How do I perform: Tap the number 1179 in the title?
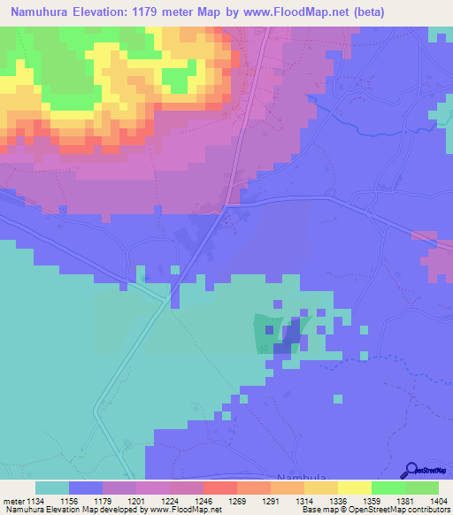[x=166, y=12]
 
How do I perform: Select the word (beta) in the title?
[x=426, y=12]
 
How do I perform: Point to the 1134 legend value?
[x=33, y=501]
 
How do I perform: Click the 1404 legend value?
[x=439, y=501]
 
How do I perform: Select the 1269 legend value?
[x=236, y=501]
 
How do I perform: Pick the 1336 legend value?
[x=338, y=501]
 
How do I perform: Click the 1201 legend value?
[x=134, y=501]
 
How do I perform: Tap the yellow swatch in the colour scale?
[x=354, y=488]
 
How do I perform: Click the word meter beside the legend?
[x=12, y=501]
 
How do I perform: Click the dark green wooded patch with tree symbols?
[x=266, y=334]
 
